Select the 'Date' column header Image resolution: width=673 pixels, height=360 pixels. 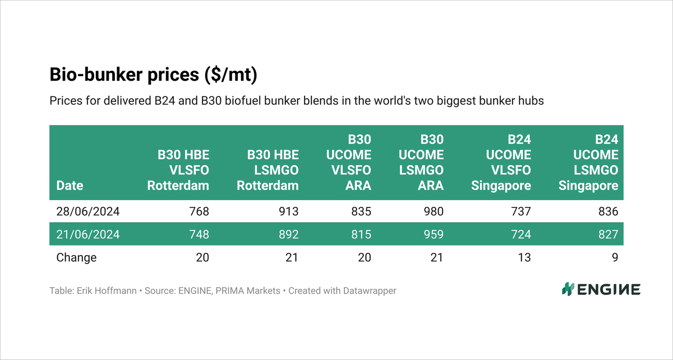point(70,185)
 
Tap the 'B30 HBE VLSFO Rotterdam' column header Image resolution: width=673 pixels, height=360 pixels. point(178,170)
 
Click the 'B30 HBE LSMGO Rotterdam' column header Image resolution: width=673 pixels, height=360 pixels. point(268,170)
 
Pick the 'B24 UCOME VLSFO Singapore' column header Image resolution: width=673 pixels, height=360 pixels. point(500,162)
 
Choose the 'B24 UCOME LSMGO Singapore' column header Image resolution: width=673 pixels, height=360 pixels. point(588,162)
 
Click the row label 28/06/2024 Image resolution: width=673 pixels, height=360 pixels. point(88,211)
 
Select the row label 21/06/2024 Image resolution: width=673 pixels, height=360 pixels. point(88,234)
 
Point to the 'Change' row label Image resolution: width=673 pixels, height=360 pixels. point(76,257)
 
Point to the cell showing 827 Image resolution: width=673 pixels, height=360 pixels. point(608,234)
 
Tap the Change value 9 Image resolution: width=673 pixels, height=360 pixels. point(615,257)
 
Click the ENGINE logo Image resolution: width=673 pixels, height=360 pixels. point(601,290)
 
